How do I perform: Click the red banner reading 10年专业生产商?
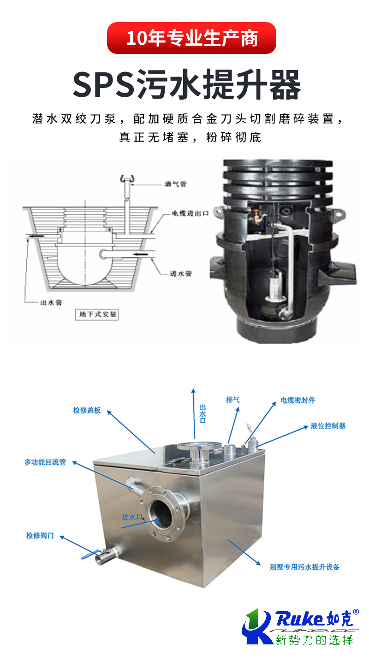(x=191, y=38)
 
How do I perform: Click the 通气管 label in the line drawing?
(x=176, y=184)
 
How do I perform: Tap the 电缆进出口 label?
(x=190, y=213)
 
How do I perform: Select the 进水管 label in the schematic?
(x=181, y=273)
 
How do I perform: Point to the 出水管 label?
(x=51, y=302)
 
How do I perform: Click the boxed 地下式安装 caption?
(x=97, y=314)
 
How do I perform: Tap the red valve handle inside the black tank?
(x=256, y=211)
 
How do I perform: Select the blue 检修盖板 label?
(x=87, y=410)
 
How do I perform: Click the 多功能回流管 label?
(x=45, y=462)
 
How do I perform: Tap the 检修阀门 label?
(x=40, y=536)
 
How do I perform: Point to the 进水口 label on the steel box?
(x=132, y=517)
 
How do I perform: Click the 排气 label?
(x=232, y=400)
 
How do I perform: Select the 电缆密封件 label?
(x=298, y=400)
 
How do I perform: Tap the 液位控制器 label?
(x=328, y=426)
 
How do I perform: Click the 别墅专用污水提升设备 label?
(x=304, y=567)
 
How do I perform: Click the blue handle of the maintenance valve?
(x=90, y=554)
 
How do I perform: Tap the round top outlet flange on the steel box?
(x=199, y=446)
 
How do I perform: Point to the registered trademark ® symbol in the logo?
(x=356, y=612)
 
